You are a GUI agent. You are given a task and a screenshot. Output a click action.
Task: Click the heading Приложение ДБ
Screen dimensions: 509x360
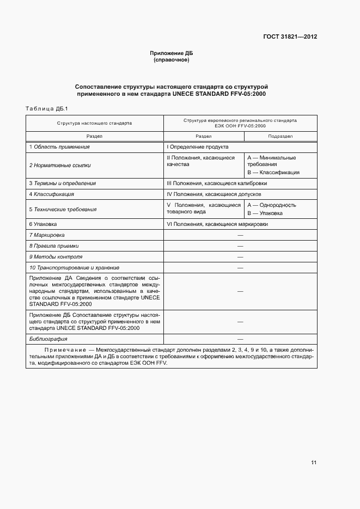[x=172, y=53]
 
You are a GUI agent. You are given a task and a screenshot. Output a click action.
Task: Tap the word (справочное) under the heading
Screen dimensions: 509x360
[x=172, y=60]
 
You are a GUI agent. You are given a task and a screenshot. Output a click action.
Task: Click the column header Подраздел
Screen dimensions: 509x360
[x=280, y=136]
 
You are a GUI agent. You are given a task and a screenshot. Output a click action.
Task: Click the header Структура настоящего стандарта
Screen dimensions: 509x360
[x=95, y=123]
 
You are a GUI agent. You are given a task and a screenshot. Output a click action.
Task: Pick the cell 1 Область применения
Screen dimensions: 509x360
[x=59, y=147]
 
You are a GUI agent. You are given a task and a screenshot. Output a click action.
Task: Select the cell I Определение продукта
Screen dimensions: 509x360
[x=197, y=147]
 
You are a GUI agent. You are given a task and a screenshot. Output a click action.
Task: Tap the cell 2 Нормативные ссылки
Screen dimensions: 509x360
[x=60, y=165]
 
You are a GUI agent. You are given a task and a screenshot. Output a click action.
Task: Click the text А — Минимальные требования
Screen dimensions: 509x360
[x=271, y=161]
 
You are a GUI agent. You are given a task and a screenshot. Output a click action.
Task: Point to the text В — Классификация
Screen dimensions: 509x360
[x=273, y=173]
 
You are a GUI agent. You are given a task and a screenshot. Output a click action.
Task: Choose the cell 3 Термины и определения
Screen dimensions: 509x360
[x=66, y=183]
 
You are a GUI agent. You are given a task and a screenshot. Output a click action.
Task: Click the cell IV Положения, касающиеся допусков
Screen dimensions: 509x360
[x=214, y=194]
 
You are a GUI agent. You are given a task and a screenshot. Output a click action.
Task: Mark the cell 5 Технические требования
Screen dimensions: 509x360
[x=63, y=209]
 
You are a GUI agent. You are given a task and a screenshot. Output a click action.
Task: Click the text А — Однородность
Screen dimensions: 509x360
[x=271, y=205]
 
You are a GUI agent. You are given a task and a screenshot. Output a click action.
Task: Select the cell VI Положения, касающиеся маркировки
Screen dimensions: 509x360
[x=217, y=224]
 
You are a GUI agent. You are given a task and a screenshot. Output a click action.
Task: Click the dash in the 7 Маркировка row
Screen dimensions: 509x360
[x=240, y=235]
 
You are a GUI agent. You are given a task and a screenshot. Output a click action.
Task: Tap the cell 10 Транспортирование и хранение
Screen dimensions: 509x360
[x=74, y=268]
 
